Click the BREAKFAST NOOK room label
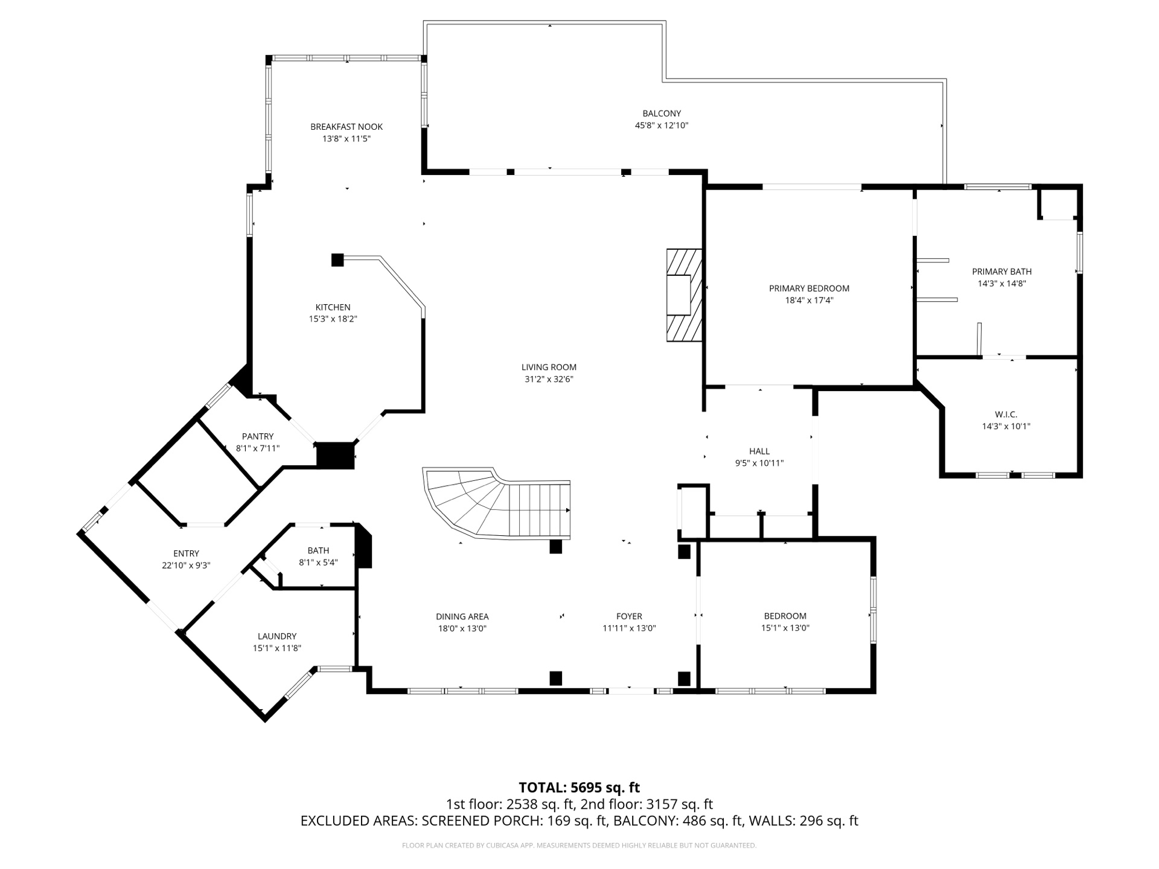tap(346, 127)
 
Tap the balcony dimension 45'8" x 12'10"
tap(662, 126)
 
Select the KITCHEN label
tap(333, 307)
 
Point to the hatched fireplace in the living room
tap(685, 295)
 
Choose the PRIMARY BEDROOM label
tap(809, 288)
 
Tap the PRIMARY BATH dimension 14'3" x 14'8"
tap(1001, 284)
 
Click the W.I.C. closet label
tap(1006, 414)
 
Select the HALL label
tap(759, 451)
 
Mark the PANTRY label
tap(258, 436)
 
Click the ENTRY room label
tap(186, 553)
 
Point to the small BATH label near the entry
tap(318, 550)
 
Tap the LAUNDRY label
tap(277, 636)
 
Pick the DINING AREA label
tap(462, 616)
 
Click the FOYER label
tap(629, 616)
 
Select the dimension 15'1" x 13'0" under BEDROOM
tap(785, 628)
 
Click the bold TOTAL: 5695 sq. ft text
tap(579, 788)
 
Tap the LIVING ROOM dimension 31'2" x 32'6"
tap(549, 379)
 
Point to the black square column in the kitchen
tap(337, 260)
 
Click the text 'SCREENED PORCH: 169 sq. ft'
tap(514, 821)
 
